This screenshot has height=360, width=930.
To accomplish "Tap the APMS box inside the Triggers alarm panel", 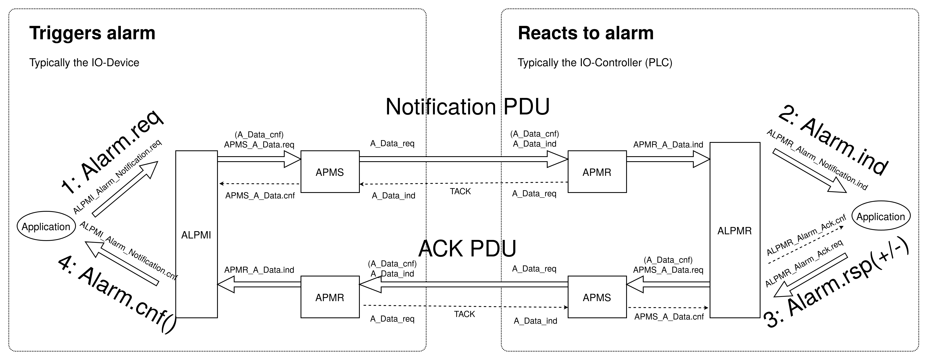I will [x=330, y=172].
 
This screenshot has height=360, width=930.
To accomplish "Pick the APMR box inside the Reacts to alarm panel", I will [x=597, y=172].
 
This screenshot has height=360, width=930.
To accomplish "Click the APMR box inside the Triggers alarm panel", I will [x=330, y=297].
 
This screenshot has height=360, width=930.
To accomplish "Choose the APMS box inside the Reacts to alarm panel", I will [x=597, y=297].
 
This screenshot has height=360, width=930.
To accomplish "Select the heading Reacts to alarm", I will [x=586, y=33].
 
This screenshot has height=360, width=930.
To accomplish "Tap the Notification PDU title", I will [x=467, y=107].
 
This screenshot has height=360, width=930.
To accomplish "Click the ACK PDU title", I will [x=467, y=248].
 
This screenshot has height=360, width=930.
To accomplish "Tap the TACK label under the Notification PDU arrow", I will [x=460, y=191].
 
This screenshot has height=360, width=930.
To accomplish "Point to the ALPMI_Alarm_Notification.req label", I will [x=117, y=177].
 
